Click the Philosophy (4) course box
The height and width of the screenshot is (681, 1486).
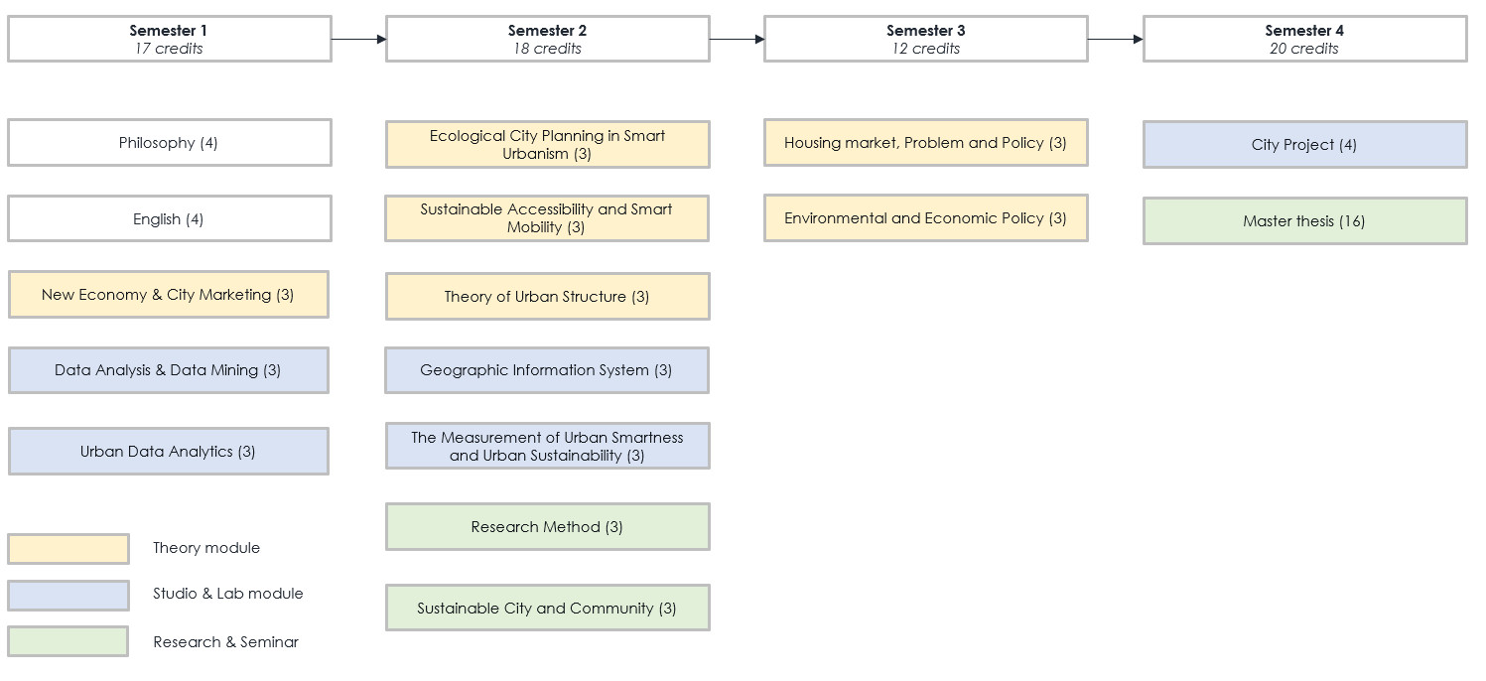point(169,143)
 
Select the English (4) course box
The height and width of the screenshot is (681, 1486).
point(169,218)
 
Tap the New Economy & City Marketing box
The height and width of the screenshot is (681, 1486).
point(169,294)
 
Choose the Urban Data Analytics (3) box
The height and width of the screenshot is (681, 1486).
point(169,452)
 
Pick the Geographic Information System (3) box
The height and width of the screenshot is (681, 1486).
point(547,369)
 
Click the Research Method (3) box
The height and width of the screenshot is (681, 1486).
point(547,527)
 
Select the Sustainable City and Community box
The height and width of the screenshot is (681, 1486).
point(547,608)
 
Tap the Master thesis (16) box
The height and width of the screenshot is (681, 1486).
point(1305,221)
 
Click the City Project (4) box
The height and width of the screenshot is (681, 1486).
point(1305,145)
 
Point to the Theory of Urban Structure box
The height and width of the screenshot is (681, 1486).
point(547,296)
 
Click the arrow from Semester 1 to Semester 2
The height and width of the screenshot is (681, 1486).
point(359,39)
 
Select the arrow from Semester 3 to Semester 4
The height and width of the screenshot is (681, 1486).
point(1116,39)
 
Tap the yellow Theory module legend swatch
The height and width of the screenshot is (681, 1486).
point(68,549)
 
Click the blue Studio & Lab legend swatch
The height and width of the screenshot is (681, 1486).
point(68,596)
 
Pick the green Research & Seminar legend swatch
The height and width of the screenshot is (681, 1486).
point(68,641)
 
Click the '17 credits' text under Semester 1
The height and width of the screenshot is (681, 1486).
point(169,49)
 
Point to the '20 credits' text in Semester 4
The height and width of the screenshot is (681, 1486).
point(1304,49)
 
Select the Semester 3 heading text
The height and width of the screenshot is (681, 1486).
point(926,31)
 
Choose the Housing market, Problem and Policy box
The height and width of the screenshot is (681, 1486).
point(926,143)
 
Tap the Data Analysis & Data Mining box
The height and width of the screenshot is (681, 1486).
point(169,370)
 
